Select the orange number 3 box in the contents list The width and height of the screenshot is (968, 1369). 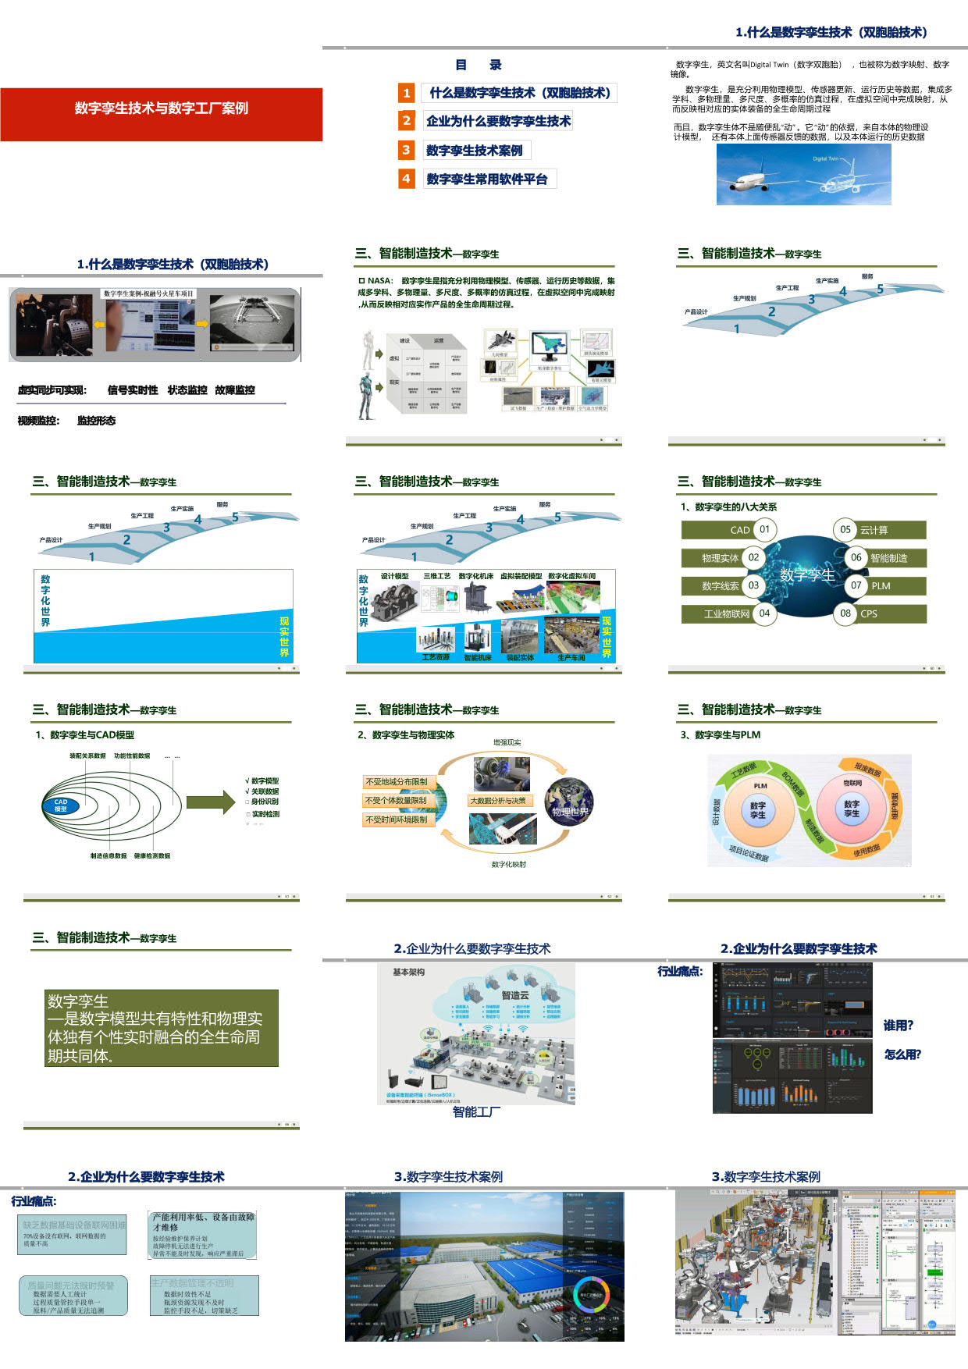coord(406,150)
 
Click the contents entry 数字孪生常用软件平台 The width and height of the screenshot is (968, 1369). coord(487,179)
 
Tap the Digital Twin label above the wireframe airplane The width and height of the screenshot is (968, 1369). coord(825,158)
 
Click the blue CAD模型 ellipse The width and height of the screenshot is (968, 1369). coord(61,804)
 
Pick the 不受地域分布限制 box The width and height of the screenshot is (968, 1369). coord(397,781)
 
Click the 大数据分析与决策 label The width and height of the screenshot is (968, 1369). coord(498,801)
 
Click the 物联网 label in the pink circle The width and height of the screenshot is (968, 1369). coord(852,783)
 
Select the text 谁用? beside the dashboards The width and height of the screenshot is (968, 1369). coord(898,1026)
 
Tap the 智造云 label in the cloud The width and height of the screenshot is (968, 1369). coord(515,995)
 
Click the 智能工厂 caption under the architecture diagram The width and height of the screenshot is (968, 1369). coord(476,1111)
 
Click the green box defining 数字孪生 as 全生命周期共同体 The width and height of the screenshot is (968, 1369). coord(162,1028)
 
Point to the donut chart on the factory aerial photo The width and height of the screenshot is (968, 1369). coord(591,1296)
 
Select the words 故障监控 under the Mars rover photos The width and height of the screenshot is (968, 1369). coord(235,390)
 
